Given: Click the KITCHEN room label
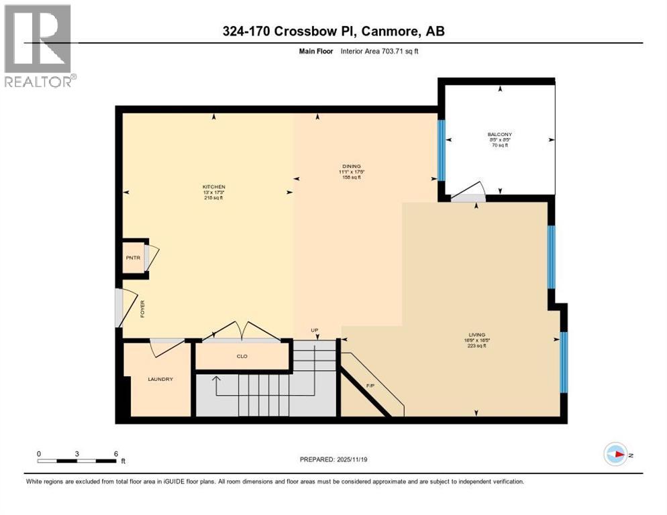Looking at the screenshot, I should (x=214, y=186).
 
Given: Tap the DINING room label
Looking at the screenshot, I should (x=350, y=166).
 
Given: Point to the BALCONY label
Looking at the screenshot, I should (x=500, y=134).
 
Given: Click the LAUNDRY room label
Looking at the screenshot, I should (x=160, y=380).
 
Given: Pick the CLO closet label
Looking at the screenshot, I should (x=242, y=356).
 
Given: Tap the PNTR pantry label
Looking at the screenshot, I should (x=131, y=256).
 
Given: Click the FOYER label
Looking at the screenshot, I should (x=142, y=308).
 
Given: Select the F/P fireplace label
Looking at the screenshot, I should (x=370, y=386).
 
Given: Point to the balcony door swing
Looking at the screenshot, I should (x=468, y=192).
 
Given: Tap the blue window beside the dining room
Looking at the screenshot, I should (x=441, y=150).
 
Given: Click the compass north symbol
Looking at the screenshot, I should (x=615, y=454).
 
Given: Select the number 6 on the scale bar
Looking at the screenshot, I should (x=116, y=453).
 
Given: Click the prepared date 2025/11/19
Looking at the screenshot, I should (x=331, y=460).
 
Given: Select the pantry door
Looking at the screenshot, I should (x=151, y=257).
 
